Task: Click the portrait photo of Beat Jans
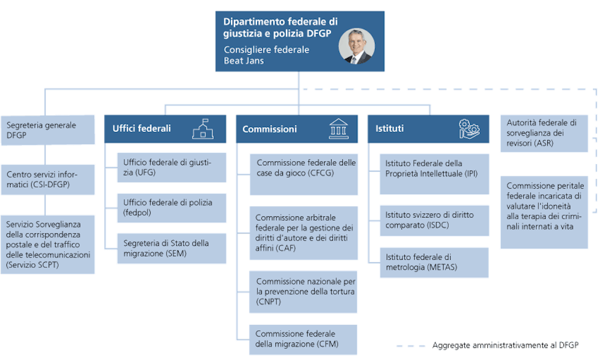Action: pos(356,46)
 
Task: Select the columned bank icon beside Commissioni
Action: pos(337,128)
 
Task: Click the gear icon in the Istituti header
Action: pos(469,128)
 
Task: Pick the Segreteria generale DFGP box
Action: pos(47,130)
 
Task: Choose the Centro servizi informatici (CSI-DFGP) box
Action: pos(47,179)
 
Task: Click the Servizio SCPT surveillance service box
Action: pos(47,244)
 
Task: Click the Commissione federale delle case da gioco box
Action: pos(304,174)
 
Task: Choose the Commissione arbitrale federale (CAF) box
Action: pos(304,233)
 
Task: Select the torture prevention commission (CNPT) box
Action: pos(304,291)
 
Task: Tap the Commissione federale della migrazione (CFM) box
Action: pos(304,339)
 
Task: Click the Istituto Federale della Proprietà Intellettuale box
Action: pos(434,174)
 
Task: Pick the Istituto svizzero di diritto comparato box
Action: pos(434,220)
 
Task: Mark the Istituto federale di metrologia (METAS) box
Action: pos(434,262)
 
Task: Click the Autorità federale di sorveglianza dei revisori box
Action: pos(544,133)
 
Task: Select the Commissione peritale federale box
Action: pos(544,212)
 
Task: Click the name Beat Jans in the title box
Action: pos(244,60)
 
